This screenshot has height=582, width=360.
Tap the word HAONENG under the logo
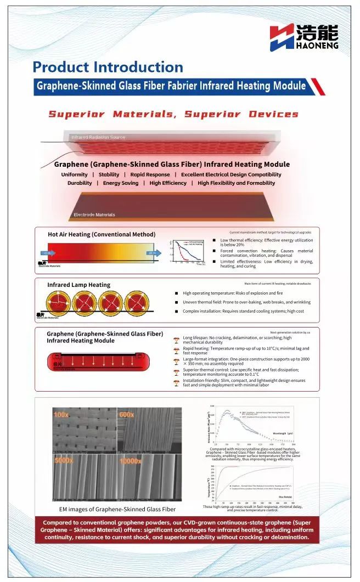pyautogui.click(x=317, y=48)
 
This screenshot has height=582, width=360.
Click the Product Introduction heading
pyautogui.click(x=108, y=67)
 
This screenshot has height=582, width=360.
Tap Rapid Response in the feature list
pyautogui.click(x=150, y=174)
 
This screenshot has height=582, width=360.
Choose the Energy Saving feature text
pyautogui.click(x=120, y=183)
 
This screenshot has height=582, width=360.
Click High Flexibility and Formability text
pyautogui.click(x=236, y=183)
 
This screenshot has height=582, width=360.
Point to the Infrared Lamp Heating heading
pyautogui.click(x=78, y=285)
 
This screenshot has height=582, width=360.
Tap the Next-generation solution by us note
pyautogui.click(x=290, y=332)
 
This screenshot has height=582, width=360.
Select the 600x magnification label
pyautogui.click(x=126, y=415)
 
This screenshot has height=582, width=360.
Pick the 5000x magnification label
pyautogui.click(x=64, y=460)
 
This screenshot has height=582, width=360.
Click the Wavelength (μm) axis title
pyautogui.click(x=282, y=433)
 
